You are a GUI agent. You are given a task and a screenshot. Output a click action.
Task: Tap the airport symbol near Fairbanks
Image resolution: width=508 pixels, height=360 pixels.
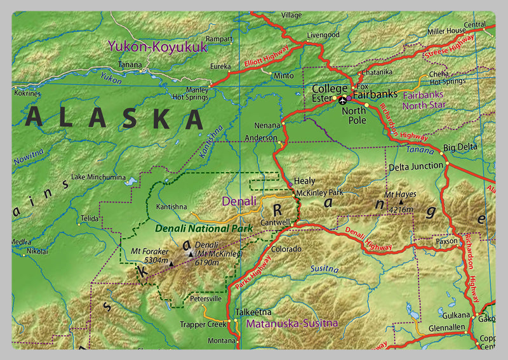tap(344, 100)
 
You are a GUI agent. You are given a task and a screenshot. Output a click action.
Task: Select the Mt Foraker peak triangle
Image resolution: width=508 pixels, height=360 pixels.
tap(171, 261)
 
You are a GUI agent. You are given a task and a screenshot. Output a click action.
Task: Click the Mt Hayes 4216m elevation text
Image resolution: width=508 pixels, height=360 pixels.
tap(401, 209)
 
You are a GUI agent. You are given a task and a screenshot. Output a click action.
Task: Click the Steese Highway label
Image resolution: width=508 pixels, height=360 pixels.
tap(455, 46)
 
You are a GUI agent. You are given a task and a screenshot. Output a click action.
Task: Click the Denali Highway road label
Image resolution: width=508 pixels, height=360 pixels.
tap(370, 237)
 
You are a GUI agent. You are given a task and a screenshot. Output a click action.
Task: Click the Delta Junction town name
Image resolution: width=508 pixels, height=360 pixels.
tap(415, 166)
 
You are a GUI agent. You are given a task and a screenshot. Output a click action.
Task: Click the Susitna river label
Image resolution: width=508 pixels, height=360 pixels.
tap(324, 269)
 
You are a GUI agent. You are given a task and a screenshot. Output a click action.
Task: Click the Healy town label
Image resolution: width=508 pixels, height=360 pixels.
tap(304, 181)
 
